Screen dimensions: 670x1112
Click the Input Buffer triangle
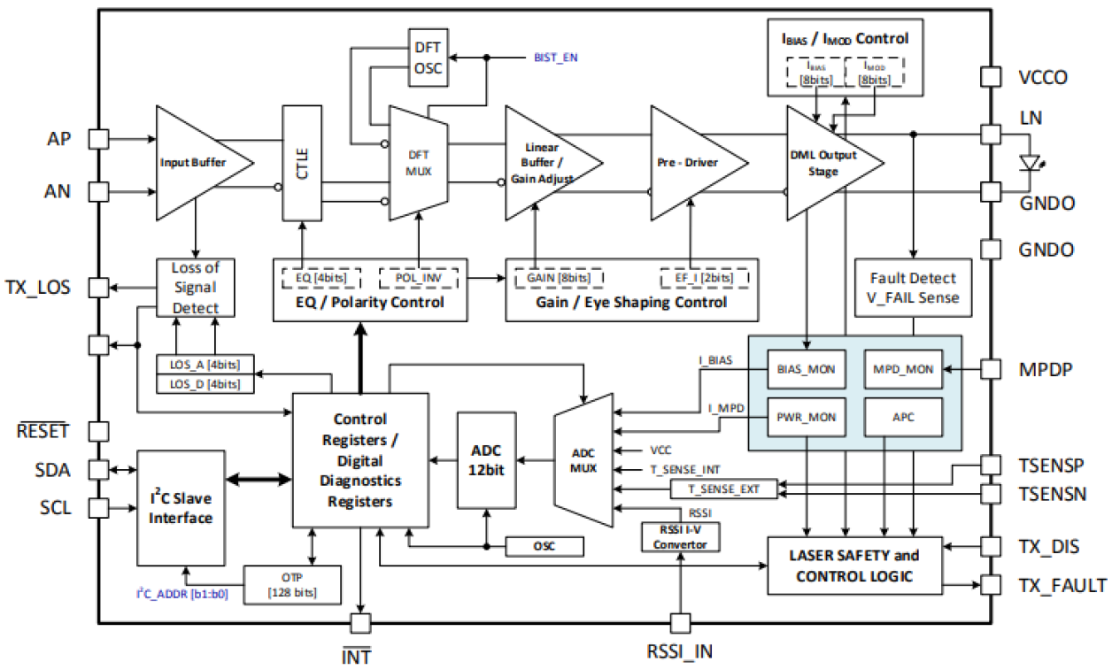pyautogui.click(x=195, y=163)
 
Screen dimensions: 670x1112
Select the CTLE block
pyautogui.click(x=303, y=163)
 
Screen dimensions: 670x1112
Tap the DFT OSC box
pyautogui.click(x=429, y=58)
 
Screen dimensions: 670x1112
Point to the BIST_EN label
pyautogui.click(x=555, y=58)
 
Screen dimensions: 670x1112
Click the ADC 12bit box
pyautogui.click(x=486, y=460)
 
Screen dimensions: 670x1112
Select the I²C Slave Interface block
pyautogui.click(x=181, y=506)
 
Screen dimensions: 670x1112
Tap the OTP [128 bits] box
pyautogui.click(x=291, y=585)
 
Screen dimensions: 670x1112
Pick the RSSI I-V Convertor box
pyautogui.click(x=680, y=536)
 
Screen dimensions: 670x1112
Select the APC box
pyautogui.click(x=902, y=417)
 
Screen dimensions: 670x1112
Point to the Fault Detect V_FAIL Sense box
pyautogui.click(x=913, y=289)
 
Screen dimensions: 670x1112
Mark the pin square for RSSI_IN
pyautogui.click(x=680, y=623)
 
